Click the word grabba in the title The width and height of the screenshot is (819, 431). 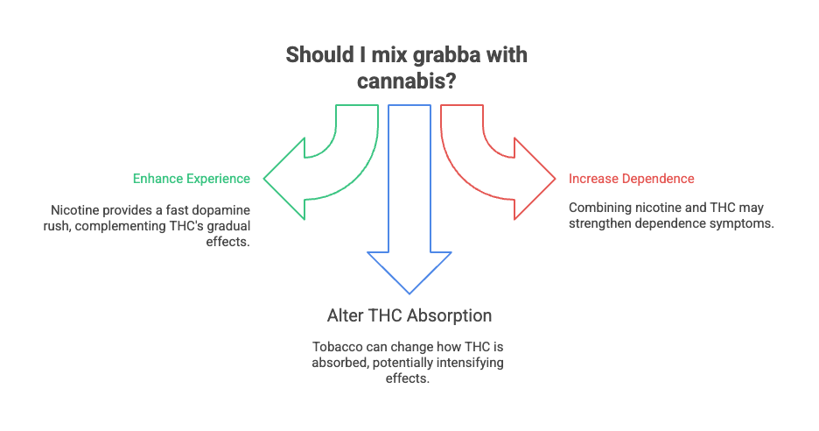[x=435, y=55]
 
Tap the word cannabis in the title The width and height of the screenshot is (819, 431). [x=404, y=81]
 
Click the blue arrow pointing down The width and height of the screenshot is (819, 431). [x=409, y=228]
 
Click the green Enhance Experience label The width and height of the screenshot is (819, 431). [x=192, y=179]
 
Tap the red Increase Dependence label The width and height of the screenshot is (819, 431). [x=632, y=179]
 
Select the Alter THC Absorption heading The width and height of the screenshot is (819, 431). [x=409, y=315]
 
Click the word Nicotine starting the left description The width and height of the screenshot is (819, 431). [x=73, y=211]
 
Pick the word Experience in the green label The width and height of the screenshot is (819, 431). [x=219, y=179]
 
